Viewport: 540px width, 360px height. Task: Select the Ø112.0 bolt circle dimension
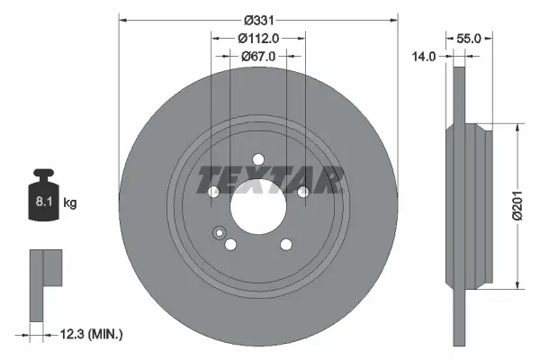tap(257, 38)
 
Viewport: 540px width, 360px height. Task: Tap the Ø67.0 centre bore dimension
tap(257, 56)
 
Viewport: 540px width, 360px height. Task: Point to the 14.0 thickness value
tap(424, 56)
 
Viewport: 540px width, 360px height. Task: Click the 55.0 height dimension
tap(470, 39)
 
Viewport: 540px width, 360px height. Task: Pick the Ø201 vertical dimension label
tap(517, 207)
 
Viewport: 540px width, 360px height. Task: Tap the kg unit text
tap(70, 203)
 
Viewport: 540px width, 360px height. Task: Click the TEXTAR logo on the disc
tap(270, 179)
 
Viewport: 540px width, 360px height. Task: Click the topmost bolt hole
tap(257, 159)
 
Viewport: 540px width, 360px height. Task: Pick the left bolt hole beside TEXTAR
tap(213, 192)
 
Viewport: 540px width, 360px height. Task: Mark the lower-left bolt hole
tap(229, 244)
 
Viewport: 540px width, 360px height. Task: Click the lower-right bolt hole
tap(285, 244)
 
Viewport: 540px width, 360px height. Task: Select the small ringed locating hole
tap(218, 233)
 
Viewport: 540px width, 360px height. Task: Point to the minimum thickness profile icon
tap(45, 283)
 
